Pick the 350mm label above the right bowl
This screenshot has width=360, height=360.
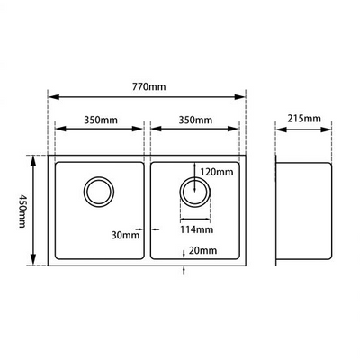[x=194, y=120]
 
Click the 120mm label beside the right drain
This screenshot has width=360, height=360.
[x=217, y=172]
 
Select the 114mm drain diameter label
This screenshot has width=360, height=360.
[x=195, y=229]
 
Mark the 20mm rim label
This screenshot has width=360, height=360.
[x=203, y=251]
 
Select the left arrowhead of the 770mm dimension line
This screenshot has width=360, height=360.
[x=50, y=96]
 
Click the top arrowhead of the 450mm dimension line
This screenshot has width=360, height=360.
[x=34, y=158]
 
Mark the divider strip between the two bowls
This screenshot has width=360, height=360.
[x=146, y=211]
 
